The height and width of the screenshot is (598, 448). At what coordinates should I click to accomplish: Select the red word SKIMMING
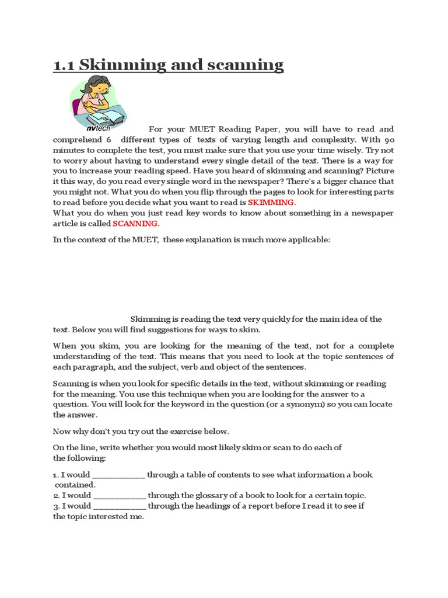[x=271, y=203]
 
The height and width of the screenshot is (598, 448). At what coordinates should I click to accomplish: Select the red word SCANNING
[x=135, y=224]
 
